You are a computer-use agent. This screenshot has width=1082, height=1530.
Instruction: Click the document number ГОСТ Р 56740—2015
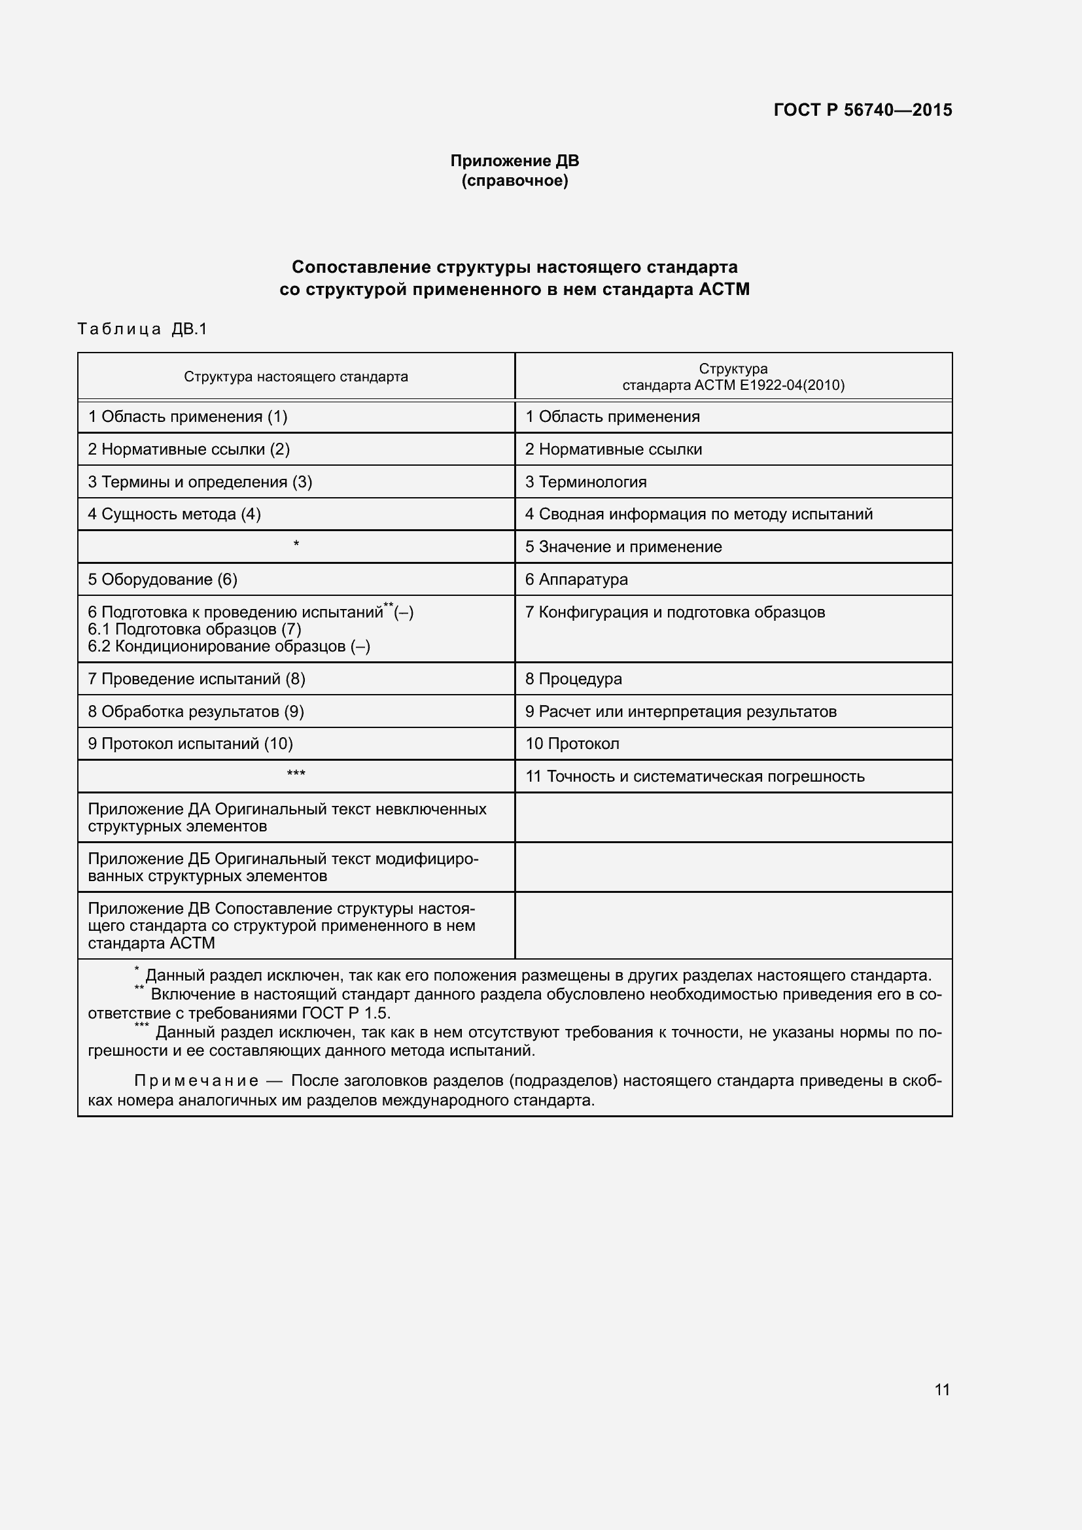(x=862, y=110)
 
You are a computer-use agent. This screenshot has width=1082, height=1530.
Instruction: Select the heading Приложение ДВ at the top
(x=514, y=161)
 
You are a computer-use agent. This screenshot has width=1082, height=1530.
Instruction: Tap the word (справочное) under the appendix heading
(x=514, y=181)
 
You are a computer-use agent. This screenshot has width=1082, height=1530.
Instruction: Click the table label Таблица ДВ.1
(x=143, y=329)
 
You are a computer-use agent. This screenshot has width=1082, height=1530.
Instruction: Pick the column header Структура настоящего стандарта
(x=296, y=377)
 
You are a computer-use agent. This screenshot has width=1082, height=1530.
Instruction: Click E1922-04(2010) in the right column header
(x=792, y=385)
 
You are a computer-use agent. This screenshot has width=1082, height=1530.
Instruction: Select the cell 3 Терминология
(x=585, y=482)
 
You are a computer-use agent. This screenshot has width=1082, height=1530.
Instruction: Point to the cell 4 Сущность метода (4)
(x=175, y=513)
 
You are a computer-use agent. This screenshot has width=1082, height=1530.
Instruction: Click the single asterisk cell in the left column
(x=296, y=544)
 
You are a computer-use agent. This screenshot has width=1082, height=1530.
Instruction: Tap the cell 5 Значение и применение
(x=623, y=546)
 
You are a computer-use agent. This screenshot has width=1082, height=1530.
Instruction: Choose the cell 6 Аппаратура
(x=576, y=579)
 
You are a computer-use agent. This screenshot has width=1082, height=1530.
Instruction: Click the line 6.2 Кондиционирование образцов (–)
(x=228, y=646)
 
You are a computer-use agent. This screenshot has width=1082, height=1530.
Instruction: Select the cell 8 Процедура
(x=574, y=678)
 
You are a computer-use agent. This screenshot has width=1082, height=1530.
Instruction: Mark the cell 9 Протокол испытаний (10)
(x=190, y=743)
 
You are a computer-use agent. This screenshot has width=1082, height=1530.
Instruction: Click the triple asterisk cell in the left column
(x=296, y=774)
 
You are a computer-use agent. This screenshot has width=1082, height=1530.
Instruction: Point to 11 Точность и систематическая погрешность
(x=695, y=776)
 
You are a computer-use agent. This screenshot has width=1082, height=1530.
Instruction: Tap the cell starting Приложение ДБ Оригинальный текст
(x=283, y=867)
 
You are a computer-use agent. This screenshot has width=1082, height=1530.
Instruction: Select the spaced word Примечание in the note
(x=196, y=1080)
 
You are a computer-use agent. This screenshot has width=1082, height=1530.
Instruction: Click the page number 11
(x=941, y=1389)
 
